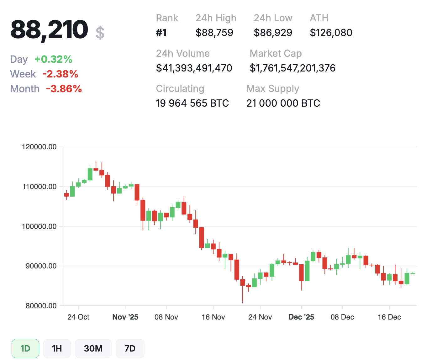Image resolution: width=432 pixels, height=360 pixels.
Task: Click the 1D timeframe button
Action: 25,348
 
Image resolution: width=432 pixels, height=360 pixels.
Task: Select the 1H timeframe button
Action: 57,348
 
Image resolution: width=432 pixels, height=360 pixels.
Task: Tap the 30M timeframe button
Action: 93,348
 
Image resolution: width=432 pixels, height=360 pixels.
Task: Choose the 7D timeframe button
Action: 130,348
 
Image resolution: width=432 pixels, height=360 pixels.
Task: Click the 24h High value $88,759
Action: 214,33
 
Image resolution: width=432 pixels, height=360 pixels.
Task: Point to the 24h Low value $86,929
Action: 273,33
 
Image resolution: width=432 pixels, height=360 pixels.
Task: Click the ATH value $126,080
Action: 331,33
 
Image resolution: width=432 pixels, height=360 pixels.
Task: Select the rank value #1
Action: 161,33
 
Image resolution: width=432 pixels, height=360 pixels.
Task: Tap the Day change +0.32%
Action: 54,59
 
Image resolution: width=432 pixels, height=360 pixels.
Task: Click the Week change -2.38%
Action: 60,74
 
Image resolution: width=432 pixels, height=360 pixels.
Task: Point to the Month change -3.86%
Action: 64,89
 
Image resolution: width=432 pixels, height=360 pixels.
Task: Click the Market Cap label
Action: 276,54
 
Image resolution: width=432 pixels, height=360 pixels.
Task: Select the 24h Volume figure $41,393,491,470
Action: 194,68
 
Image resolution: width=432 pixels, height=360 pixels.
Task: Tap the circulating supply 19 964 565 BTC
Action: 192,103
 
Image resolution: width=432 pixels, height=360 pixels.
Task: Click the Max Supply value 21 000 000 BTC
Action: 283,103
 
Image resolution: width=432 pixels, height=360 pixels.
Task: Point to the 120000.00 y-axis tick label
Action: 40,147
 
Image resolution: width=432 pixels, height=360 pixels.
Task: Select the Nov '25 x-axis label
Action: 125,317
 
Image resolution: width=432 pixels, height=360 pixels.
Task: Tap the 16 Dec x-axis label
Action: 389,317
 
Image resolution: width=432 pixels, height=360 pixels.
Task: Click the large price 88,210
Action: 49,30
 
